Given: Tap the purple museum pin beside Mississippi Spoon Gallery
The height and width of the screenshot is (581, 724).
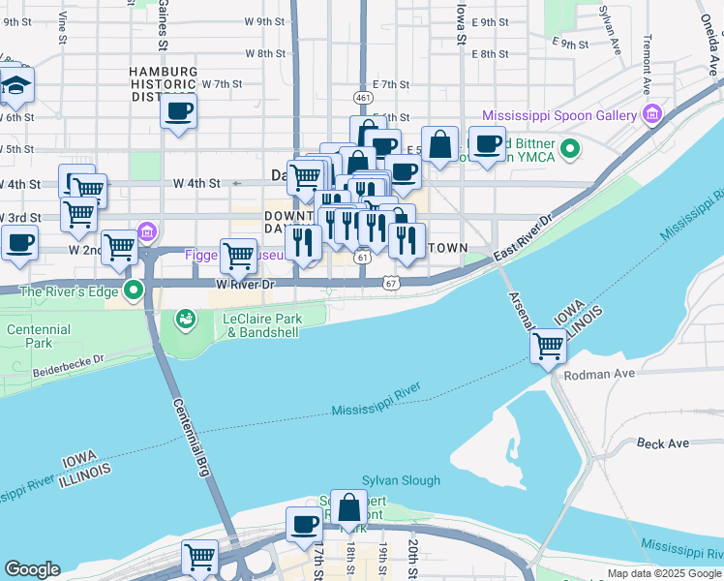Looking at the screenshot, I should pyautogui.click(x=651, y=115).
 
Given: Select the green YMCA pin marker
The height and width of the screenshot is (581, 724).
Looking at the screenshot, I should pyautogui.click(x=571, y=149).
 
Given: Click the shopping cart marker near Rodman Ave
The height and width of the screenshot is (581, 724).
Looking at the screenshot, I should pyautogui.click(x=549, y=345).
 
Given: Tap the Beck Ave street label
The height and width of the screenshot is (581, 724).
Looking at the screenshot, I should pyautogui.click(x=663, y=443).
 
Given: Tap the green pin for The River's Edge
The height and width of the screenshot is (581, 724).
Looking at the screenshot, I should pyautogui.click(x=135, y=290).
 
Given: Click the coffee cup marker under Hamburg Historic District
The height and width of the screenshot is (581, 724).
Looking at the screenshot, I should pyautogui.click(x=179, y=112).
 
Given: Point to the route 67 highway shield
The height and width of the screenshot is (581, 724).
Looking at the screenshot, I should pyautogui.click(x=389, y=282).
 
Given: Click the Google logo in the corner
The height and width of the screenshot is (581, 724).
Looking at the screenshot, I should pyautogui.click(x=32, y=569).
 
